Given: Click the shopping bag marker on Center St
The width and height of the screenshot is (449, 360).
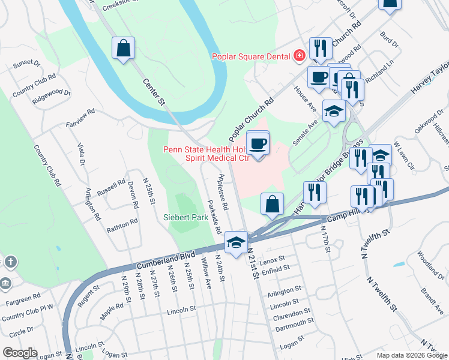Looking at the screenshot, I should tap(123, 49).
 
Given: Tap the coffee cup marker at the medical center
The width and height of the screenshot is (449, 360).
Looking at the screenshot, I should tap(258, 144).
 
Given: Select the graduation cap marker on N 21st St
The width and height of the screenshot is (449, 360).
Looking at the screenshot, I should tap(237, 243).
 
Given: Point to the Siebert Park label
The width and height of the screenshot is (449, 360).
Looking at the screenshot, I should tap(185, 217).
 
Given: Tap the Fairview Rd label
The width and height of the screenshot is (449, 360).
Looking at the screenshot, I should tap(80, 119).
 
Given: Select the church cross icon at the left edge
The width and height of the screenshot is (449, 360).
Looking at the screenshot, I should tap(10, 262).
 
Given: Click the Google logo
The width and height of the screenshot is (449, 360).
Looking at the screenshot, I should tap(20, 353).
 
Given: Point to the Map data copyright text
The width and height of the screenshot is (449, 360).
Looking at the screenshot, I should tap(411, 356).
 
